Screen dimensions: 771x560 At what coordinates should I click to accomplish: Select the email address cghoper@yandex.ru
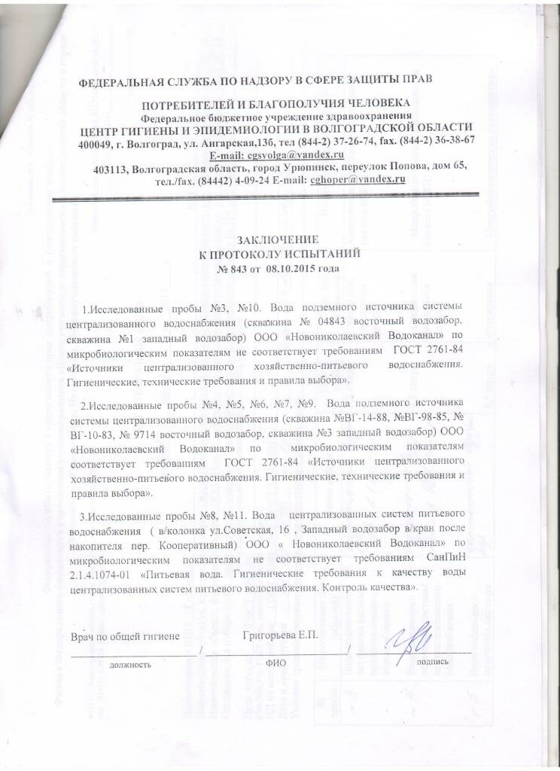(x=358, y=180)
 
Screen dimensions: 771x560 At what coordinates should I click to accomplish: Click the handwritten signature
(x=407, y=636)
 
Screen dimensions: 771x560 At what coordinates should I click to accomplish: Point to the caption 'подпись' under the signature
(x=433, y=662)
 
